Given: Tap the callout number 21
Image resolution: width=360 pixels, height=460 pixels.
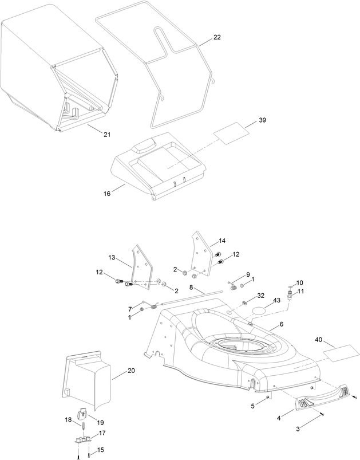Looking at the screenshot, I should point(107,134).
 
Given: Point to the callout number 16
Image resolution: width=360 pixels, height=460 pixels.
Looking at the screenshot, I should point(107,194).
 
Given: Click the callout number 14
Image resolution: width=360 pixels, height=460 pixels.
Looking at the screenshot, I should point(222,241).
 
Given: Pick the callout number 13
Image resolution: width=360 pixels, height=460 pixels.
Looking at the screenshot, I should point(112,257).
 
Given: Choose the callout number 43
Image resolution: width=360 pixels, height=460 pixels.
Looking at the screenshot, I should point(276,300).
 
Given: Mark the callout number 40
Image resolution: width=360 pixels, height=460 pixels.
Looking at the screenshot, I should point(318,340).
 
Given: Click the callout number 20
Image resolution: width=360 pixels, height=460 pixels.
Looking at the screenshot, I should point(131,371).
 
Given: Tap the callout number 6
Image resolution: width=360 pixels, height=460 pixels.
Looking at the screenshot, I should point(282,325).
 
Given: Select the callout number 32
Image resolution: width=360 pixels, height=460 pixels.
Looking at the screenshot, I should point(260,296).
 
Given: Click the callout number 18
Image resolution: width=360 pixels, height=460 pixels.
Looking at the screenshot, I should point(68,420).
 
